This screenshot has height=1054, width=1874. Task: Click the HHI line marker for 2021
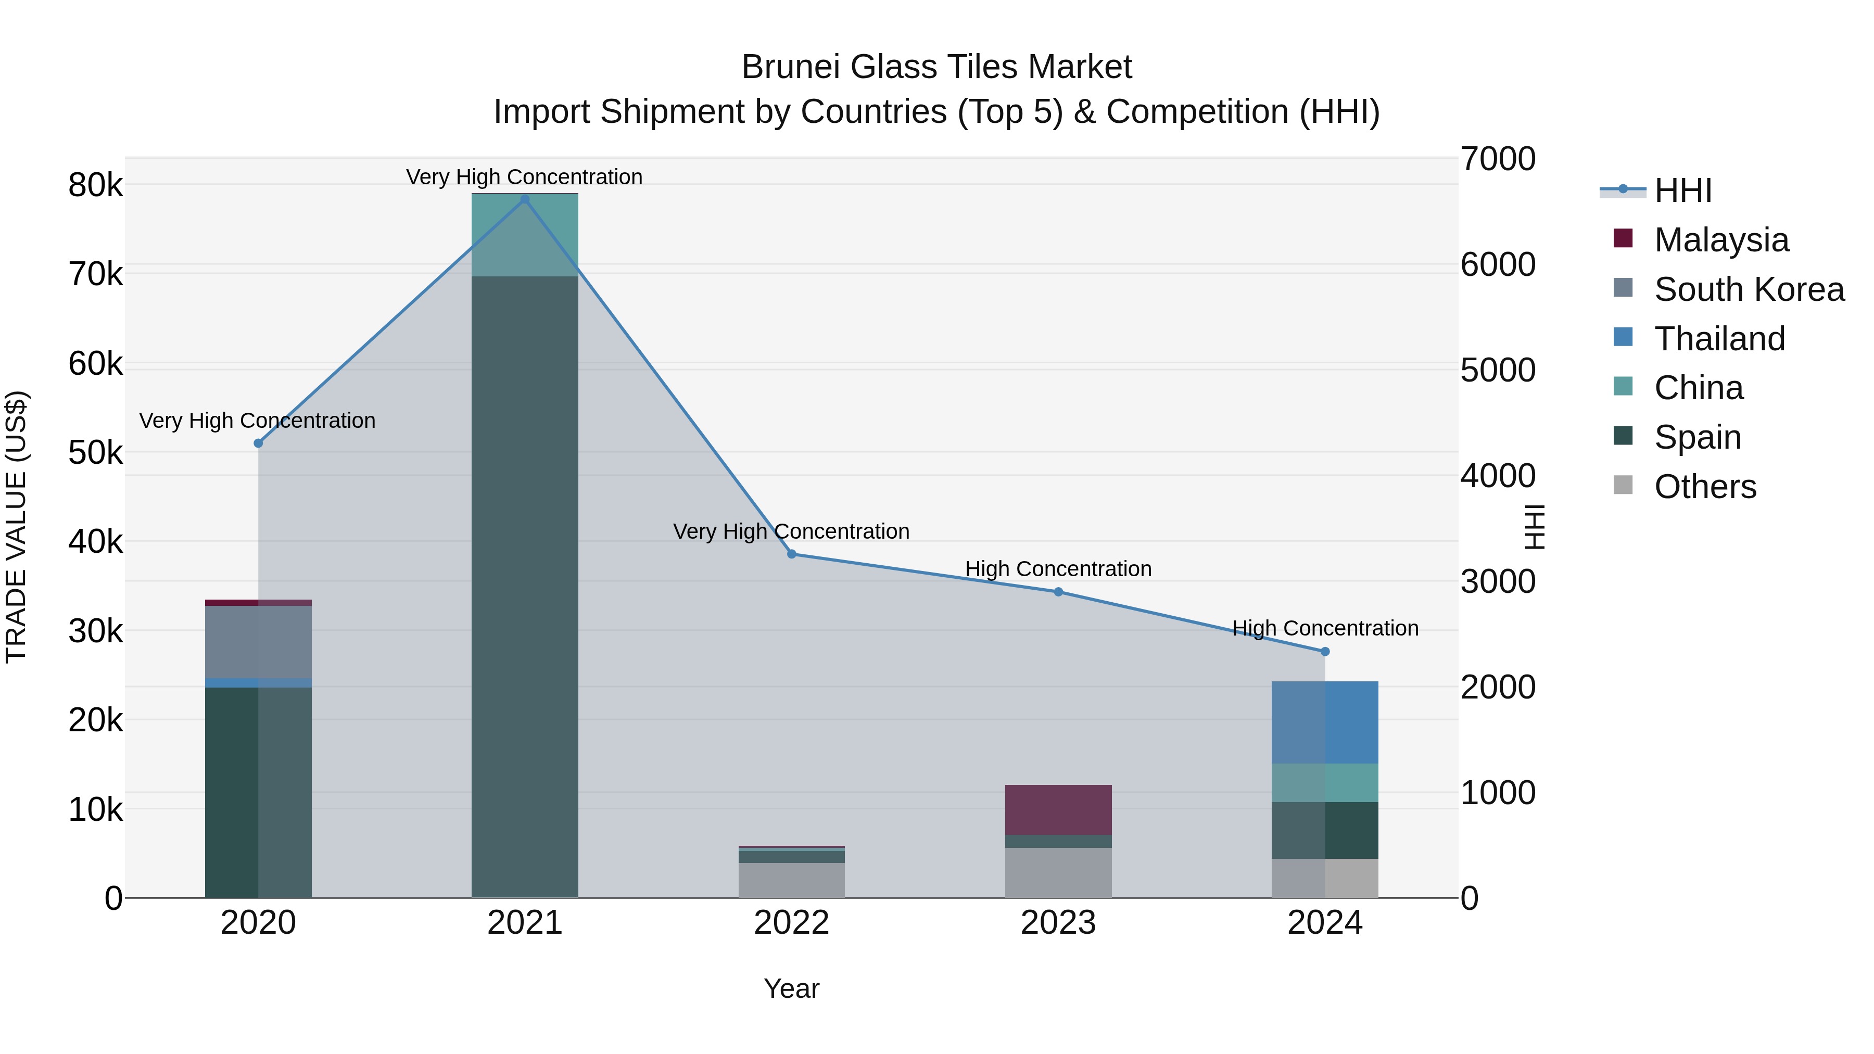tap(525, 199)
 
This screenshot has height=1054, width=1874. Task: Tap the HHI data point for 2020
tap(258, 443)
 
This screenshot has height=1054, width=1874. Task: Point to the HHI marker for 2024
tap(1325, 652)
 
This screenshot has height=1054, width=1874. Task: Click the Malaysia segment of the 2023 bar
tap(1058, 809)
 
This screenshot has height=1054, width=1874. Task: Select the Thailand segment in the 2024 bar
tap(1325, 722)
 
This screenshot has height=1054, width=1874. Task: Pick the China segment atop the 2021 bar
tap(525, 235)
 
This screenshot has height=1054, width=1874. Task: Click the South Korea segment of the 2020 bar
tap(258, 642)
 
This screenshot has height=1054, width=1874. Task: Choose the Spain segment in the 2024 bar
tap(1325, 830)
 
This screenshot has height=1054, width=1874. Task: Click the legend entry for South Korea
tap(1749, 289)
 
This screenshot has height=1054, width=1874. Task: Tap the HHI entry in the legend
tap(1682, 191)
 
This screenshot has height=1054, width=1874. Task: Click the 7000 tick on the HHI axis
tap(1498, 159)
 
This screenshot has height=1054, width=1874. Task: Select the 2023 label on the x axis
tap(1058, 923)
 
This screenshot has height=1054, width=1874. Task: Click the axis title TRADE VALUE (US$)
tap(17, 527)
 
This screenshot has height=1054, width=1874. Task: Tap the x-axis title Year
tap(791, 988)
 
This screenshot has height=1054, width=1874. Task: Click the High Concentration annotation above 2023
tap(1058, 569)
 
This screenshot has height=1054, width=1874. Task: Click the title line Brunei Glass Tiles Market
tap(936, 67)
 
